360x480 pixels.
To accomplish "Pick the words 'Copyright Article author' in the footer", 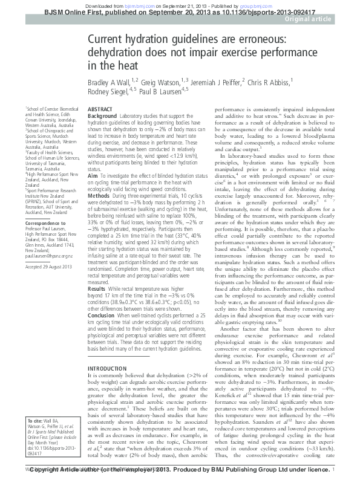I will [x=68, y=469].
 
